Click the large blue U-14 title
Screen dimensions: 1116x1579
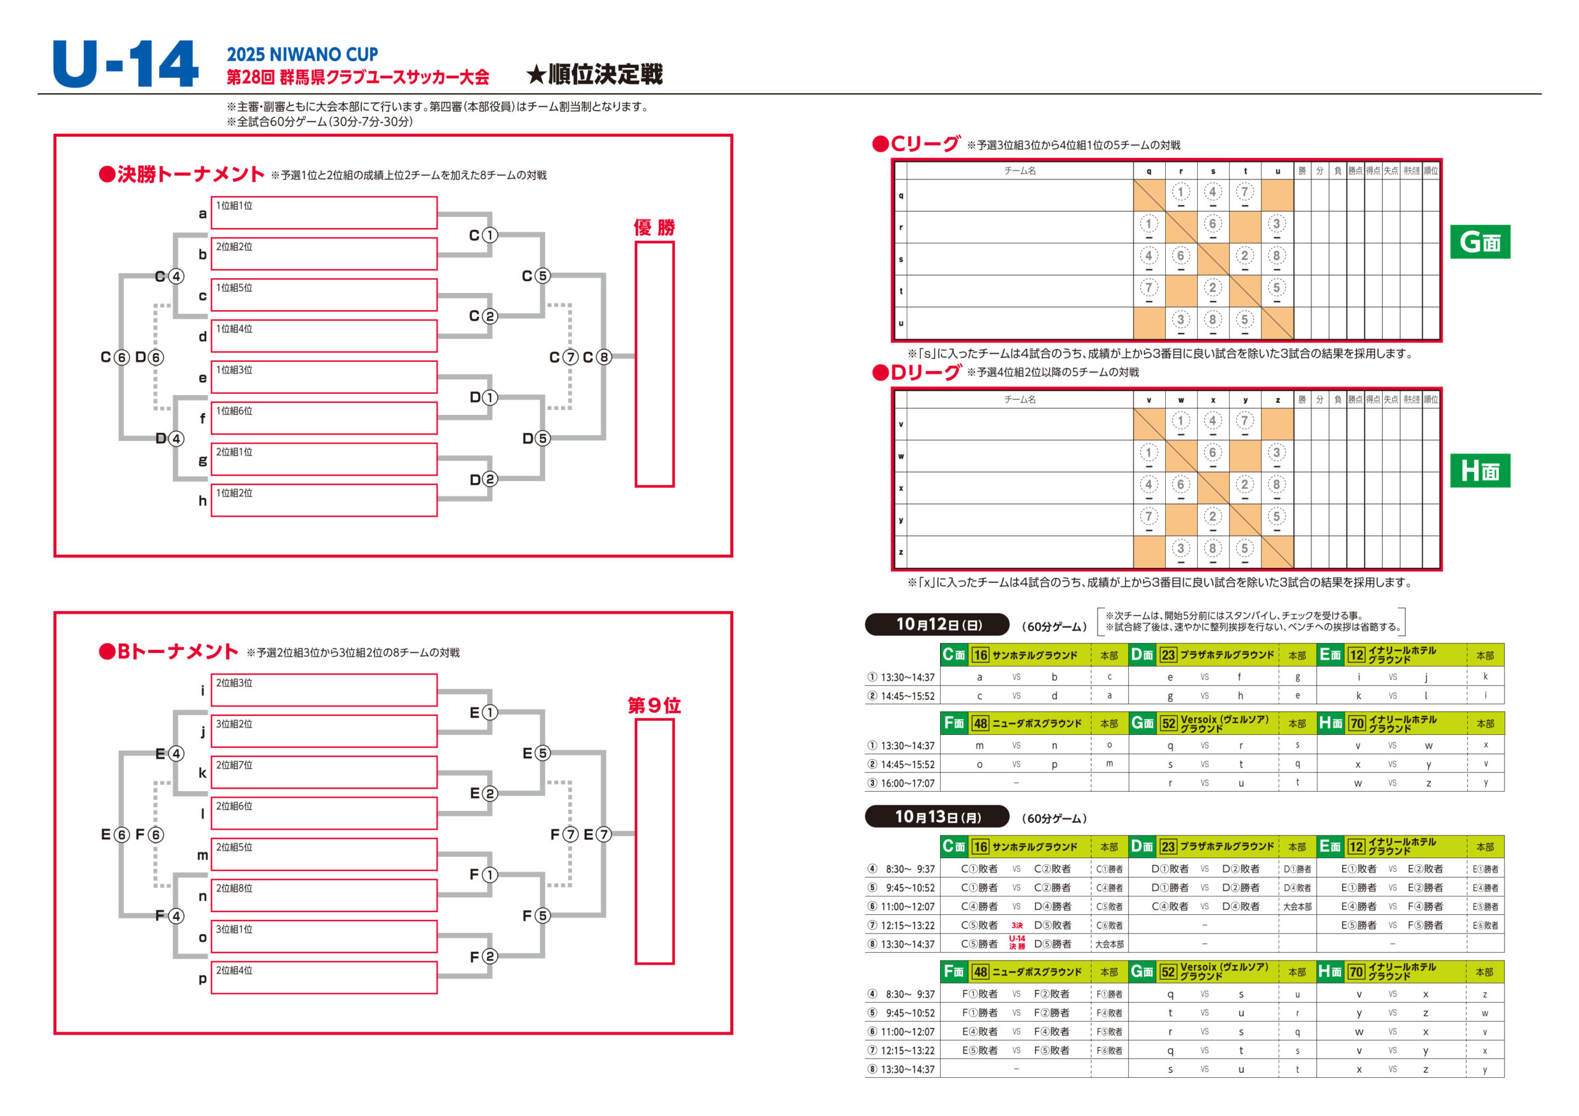(x=125, y=64)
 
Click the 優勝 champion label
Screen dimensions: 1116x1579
(x=654, y=228)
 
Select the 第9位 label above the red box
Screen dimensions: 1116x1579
(x=654, y=705)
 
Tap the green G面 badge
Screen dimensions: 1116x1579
(x=1480, y=242)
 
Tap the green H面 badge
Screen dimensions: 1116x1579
(x=1480, y=471)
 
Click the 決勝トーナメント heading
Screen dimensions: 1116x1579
(x=181, y=174)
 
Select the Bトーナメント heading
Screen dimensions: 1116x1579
(x=168, y=652)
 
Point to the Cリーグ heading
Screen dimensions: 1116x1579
(x=916, y=144)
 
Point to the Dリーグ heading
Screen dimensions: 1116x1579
(x=916, y=372)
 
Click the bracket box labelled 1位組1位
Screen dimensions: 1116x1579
(x=324, y=213)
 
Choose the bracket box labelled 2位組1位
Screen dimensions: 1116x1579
(x=324, y=459)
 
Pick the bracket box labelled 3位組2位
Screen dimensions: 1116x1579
(x=324, y=731)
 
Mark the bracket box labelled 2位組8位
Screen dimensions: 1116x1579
(x=324, y=895)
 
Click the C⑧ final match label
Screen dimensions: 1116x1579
(x=597, y=358)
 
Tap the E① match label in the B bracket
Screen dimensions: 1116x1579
(x=484, y=713)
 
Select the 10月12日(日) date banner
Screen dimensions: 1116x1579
(x=937, y=625)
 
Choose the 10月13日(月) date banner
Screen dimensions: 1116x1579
(x=937, y=817)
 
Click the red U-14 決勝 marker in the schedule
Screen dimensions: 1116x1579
(x=1017, y=943)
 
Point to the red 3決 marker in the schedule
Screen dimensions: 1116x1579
(x=1017, y=925)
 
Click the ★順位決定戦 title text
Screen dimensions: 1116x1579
(x=594, y=74)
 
